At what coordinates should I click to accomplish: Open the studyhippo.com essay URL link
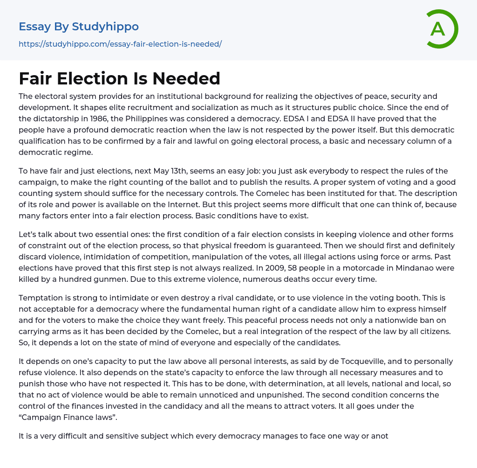pos(120,44)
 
